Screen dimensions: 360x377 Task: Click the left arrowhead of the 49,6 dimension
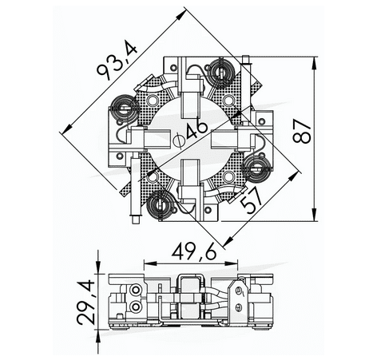147,263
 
